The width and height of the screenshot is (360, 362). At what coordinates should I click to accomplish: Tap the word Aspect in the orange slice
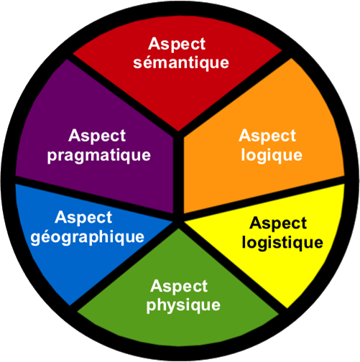pyautogui.click(x=267, y=135)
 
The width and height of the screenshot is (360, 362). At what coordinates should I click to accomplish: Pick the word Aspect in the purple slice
pyautogui.click(x=98, y=135)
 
